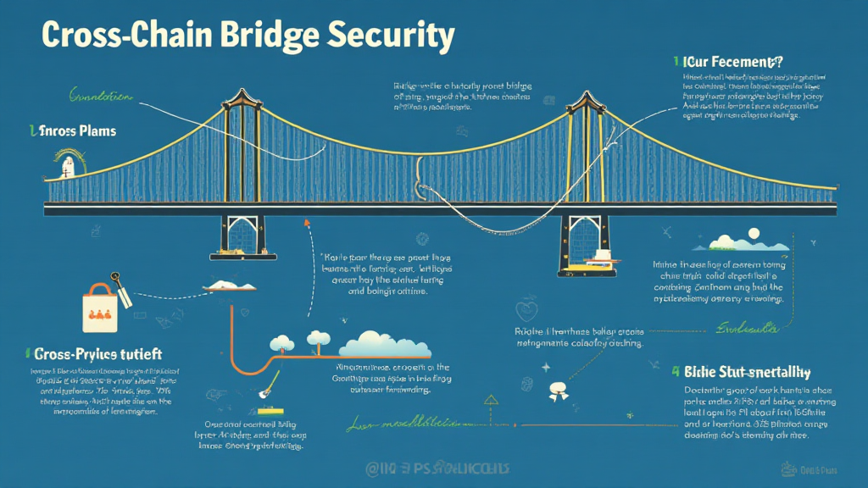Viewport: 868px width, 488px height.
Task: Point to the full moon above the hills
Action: [753, 232]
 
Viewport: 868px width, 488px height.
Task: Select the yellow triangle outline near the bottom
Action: [491, 397]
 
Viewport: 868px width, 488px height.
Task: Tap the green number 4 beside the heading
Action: [676, 372]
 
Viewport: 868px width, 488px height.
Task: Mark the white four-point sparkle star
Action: [546, 367]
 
